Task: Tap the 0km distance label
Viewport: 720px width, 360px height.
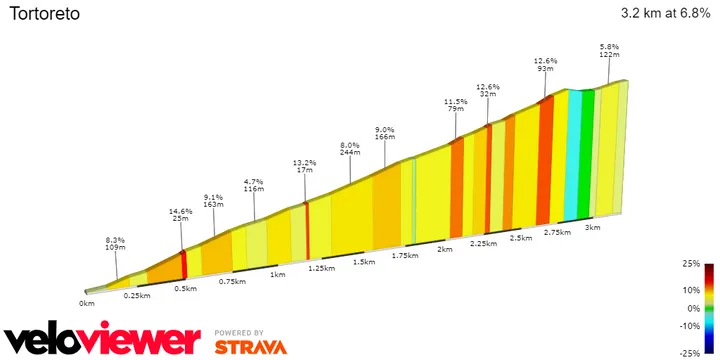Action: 87,302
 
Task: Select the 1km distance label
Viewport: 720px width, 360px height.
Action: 277,274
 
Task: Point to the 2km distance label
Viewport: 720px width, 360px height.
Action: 445,249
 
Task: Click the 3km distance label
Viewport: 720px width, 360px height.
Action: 592,227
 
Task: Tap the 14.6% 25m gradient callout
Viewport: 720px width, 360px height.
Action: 181,215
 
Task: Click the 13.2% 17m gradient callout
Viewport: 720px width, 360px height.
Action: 304,166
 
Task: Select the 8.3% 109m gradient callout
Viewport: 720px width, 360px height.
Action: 115,244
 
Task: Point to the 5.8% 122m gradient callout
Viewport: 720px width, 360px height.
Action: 609,51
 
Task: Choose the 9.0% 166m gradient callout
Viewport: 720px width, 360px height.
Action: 385,133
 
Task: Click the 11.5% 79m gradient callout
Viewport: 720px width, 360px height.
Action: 456,106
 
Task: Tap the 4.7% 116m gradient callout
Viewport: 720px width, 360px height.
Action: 253,185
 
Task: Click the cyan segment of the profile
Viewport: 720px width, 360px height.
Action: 573,155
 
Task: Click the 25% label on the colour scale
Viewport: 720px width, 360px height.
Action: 691,264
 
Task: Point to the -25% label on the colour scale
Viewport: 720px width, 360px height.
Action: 689,353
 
